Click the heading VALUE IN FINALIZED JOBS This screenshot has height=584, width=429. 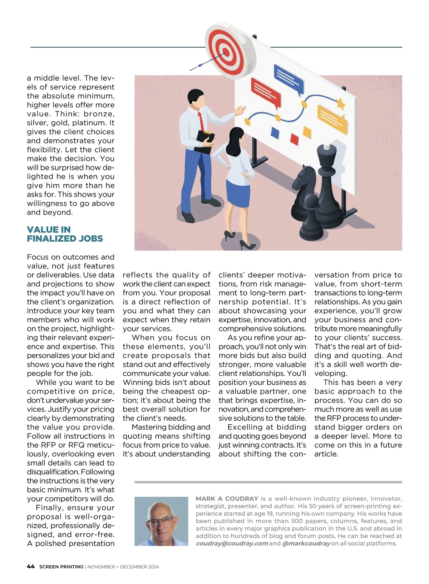pos(65,234)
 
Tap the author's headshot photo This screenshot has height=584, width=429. pos(161,521)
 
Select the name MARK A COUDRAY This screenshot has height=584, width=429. pos(227,498)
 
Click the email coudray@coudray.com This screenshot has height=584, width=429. pos(232,543)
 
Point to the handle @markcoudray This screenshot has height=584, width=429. pos(306,543)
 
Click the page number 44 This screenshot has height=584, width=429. pos(31,566)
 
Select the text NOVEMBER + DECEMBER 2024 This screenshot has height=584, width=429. pos(123,567)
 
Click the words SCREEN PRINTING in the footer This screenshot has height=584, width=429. pos(61,567)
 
